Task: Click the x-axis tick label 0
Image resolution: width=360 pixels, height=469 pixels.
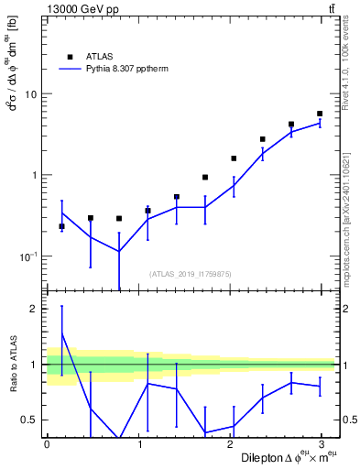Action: pyautogui.click(x=47, y=444)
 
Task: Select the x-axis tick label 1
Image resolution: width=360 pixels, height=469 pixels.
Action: pyautogui.click(x=140, y=444)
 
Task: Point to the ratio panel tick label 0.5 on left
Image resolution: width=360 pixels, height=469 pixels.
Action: pyautogui.click(x=29, y=420)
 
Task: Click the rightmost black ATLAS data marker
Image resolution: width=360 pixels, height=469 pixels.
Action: pyautogui.click(x=320, y=114)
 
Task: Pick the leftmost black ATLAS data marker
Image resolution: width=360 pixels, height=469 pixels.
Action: pyautogui.click(x=61, y=226)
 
